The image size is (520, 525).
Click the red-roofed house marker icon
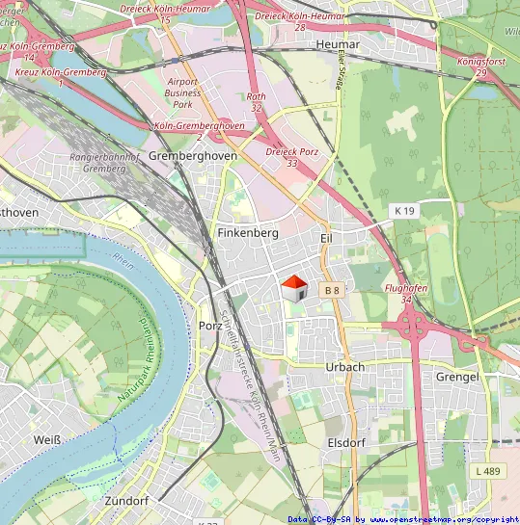(293, 287)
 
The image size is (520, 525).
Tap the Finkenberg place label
(248, 233)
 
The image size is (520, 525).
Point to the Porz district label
(210, 326)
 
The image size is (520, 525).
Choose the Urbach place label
(345, 367)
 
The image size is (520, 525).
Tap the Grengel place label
(457, 377)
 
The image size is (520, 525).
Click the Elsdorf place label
(346, 442)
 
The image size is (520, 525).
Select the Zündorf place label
(126, 502)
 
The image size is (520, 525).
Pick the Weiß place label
(46, 440)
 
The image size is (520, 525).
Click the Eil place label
(326, 236)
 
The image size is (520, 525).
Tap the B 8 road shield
(332, 290)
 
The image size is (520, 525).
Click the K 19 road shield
(403, 210)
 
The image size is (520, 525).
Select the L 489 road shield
(488, 471)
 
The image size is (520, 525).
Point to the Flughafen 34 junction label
(406, 294)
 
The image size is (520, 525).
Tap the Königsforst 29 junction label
(480, 66)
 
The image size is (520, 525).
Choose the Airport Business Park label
(182, 92)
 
